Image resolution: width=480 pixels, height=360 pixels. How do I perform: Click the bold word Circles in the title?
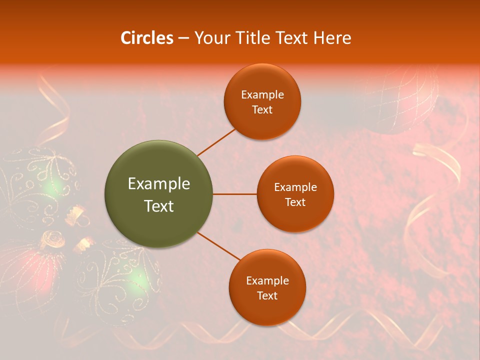146,38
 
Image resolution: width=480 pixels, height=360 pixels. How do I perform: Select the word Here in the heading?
332,38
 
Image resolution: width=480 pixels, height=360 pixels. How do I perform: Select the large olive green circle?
159,194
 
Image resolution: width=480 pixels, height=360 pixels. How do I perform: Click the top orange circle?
262,101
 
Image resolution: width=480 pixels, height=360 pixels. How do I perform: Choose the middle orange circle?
295,194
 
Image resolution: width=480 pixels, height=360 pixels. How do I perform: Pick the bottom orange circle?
267,287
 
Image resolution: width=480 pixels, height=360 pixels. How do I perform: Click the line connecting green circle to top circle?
217,141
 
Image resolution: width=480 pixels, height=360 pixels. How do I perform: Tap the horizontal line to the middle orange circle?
235,194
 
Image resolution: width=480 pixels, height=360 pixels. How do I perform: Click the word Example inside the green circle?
159,184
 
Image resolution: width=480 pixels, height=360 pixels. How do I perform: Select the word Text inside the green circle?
159,206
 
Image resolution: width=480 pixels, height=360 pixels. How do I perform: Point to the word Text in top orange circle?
262,109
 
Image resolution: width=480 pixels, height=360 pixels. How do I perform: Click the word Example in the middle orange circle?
295,187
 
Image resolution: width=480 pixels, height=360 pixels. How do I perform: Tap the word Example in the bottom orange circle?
267,280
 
